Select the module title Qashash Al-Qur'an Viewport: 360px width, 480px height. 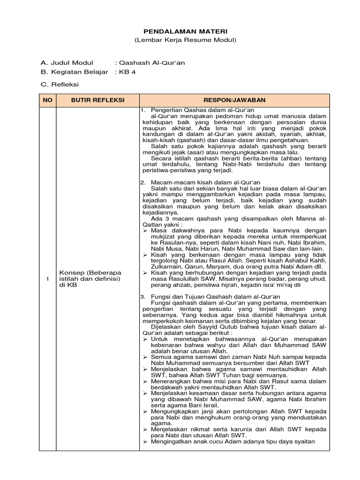pyautogui.click(x=146, y=63)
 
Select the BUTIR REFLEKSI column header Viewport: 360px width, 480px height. pyautogui.click(x=97, y=100)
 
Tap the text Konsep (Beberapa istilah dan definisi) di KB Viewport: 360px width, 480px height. pyautogui.click(x=90, y=278)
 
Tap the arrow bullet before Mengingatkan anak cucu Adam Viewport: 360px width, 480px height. pyautogui.click(x=145, y=442)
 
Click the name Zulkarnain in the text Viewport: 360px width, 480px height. pyautogui.click(x=166, y=266)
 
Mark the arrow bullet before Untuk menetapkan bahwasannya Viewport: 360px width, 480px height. pyautogui.click(x=145, y=338)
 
